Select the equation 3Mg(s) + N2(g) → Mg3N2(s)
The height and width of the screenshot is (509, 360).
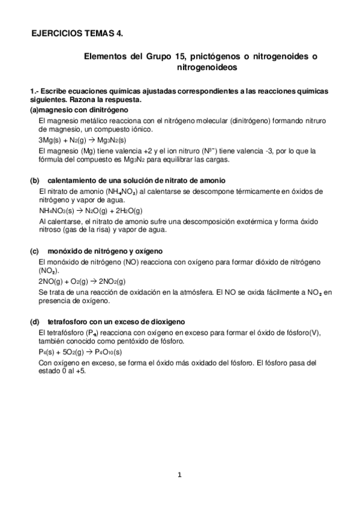[82, 139]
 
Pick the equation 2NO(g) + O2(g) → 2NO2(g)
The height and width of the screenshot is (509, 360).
[82, 281]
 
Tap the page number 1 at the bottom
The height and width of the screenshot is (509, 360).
[179, 476]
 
